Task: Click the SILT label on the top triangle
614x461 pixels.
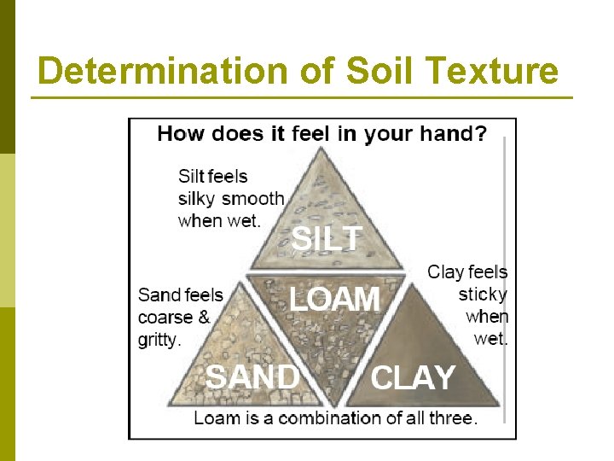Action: point(327,239)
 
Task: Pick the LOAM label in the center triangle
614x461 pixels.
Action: point(334,300)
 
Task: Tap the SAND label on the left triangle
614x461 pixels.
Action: point(252,376)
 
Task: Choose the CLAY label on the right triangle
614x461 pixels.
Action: point(414,377)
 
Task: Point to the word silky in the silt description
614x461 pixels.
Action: point(198,199)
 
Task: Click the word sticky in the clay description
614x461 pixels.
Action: point(483,295)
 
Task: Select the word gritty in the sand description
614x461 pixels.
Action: point(159,340)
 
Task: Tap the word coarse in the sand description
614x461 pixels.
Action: point(165,318)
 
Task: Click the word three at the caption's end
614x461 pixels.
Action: point(451,418)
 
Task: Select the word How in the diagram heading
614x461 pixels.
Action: point(177,134)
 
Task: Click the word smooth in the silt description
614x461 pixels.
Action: point(252,199)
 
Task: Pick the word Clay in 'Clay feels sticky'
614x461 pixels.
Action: point(446,272)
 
